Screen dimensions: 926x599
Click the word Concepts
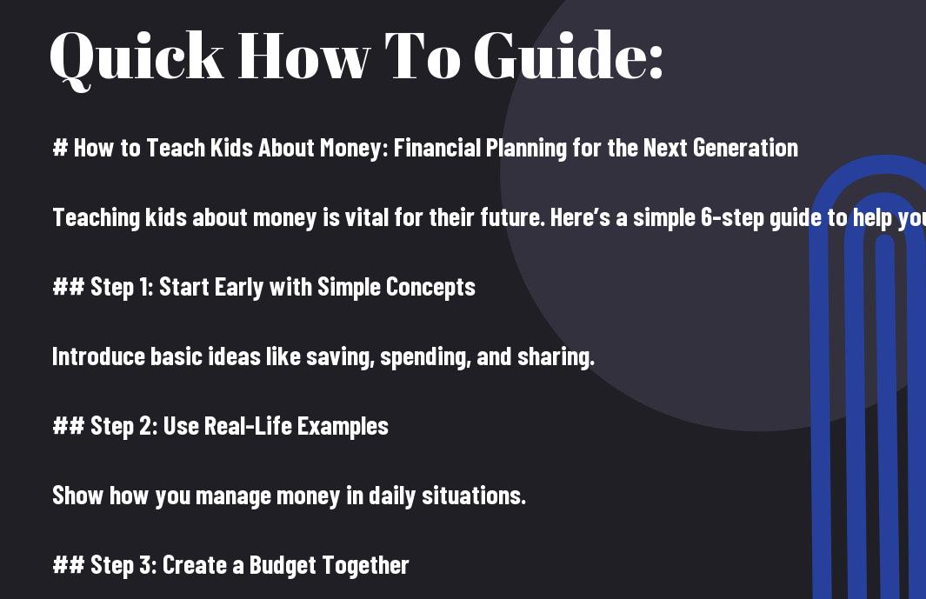(430, 288)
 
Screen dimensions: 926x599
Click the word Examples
(343, 427)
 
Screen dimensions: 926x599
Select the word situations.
(474, 496)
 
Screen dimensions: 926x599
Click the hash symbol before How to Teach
(60, 148)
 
